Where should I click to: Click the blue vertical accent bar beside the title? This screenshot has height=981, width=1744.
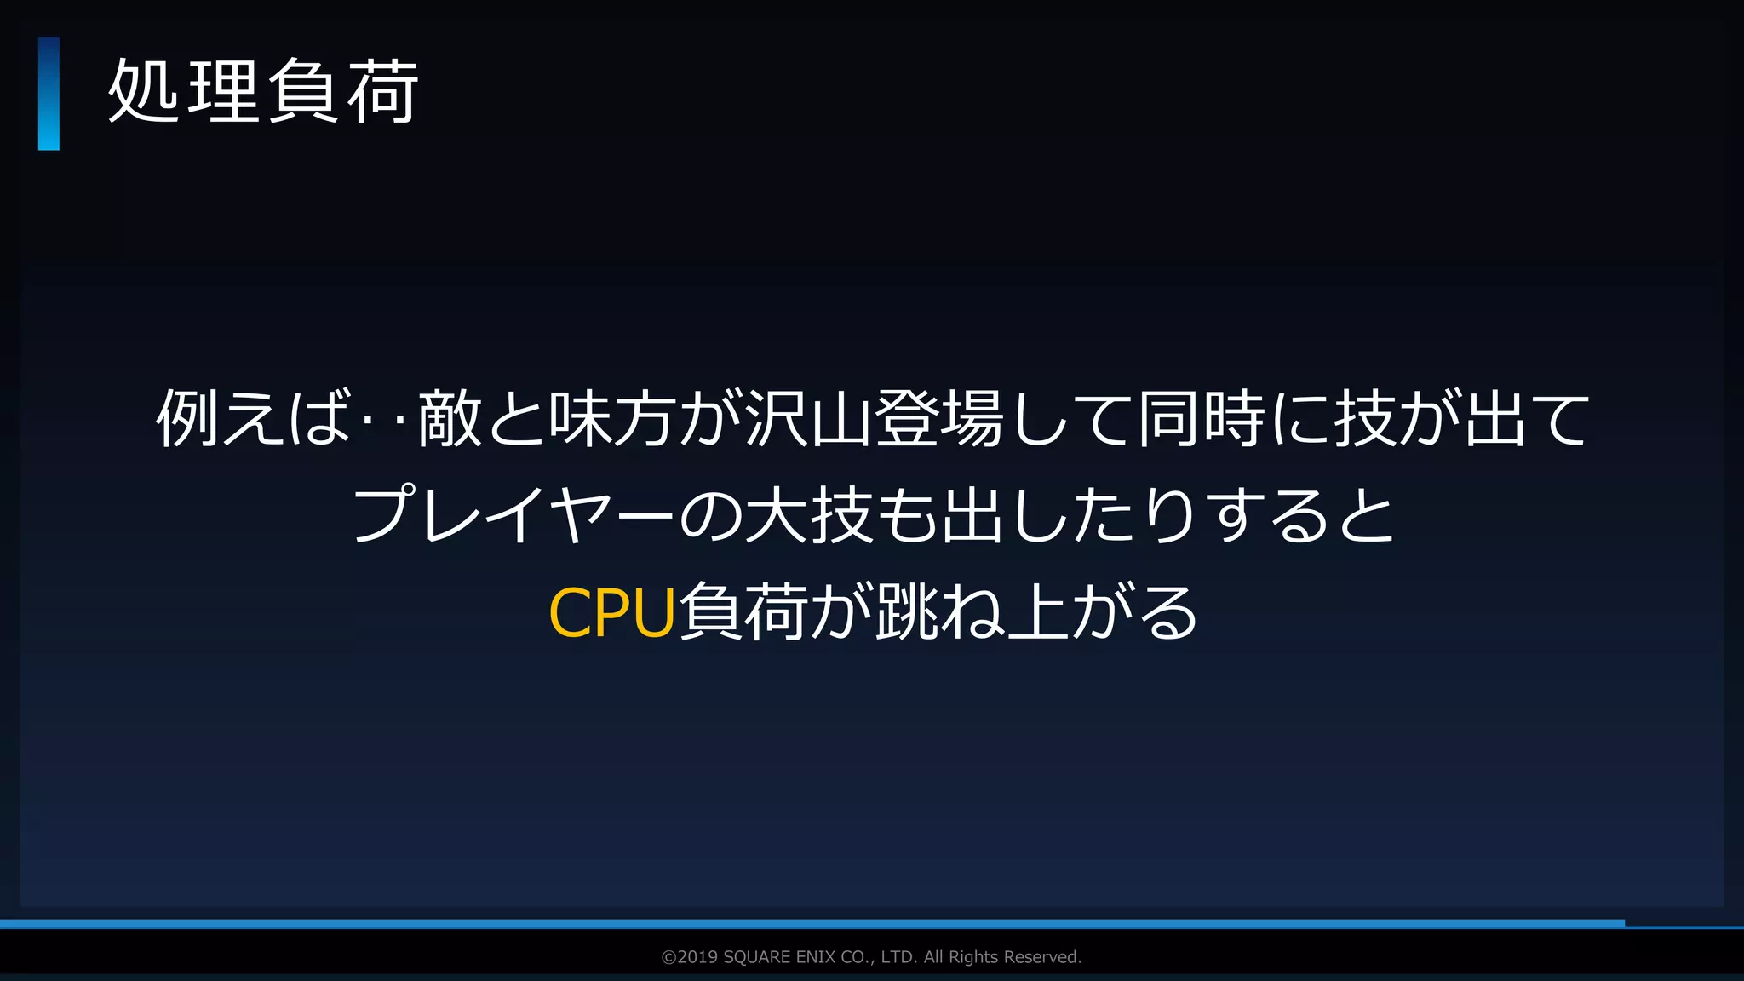pos(49,94)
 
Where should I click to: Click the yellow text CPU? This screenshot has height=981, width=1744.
pos(612,612)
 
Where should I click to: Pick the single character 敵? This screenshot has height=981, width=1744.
pos(450,418)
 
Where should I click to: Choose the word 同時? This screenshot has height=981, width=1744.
pos(1202,418)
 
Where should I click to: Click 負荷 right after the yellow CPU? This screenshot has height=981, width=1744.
pos(743,612)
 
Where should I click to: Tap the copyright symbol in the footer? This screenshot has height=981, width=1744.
pos(668,957)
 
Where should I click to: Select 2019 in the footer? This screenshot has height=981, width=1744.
pos(697,957)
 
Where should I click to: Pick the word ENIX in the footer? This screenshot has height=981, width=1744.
pos(816,957)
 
